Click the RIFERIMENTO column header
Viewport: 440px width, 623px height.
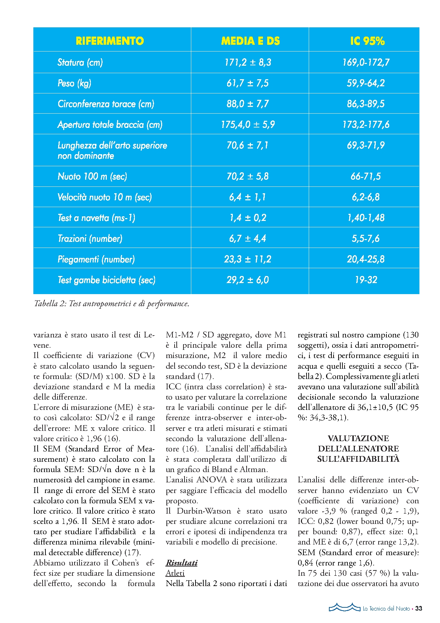[110, 41]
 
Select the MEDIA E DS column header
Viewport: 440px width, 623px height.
[250, 41]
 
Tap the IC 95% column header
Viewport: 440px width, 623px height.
[367, 41]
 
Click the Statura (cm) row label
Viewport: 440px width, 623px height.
[80, 63]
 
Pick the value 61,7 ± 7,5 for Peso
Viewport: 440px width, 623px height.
[248, 83]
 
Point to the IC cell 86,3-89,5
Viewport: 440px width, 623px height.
[366, 104]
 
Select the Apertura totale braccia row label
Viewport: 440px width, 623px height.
[110, 125]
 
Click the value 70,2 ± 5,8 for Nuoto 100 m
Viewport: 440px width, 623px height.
[248, 176]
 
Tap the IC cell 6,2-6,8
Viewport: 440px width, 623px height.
[366, 197]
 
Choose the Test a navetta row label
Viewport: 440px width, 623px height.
[97, 218]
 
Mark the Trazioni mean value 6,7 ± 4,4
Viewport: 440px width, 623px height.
[248, 238]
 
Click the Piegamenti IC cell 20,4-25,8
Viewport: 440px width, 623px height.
[366, 259]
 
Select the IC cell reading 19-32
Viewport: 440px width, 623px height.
[366, 280]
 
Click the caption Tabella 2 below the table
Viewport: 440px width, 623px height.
[111, 304]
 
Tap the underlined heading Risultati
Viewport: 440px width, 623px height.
[181, 563]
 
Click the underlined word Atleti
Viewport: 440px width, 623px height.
[175, 573]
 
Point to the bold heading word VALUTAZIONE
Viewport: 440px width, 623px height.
[358, 438]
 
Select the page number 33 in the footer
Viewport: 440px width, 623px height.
[419, 608]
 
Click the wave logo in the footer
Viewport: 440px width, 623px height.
[344, 607]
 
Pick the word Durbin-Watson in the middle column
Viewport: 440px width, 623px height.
[204, 511]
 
